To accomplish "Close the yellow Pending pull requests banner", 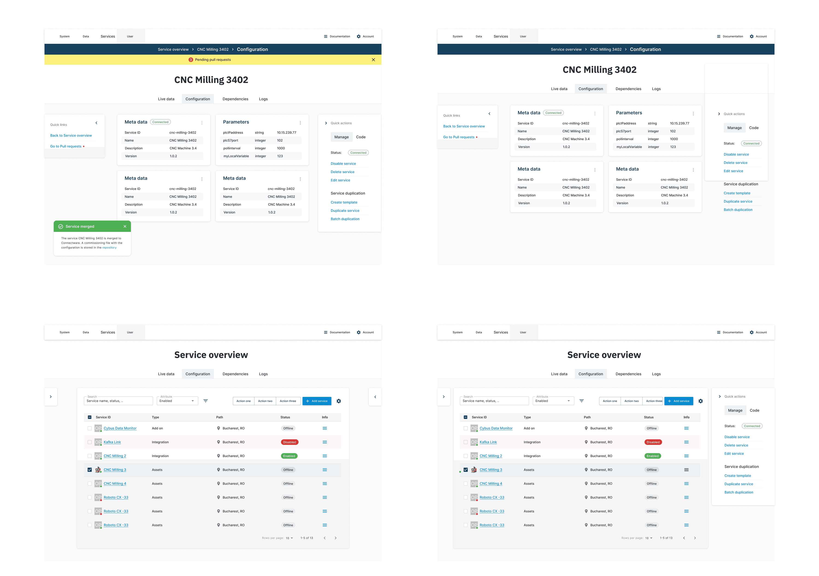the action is click(373, 59).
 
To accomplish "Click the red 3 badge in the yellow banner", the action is click(191, 59).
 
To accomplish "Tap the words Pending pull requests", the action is click(213, 59).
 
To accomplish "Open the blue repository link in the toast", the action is click(109, 248).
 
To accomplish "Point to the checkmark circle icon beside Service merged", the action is click(61, 227).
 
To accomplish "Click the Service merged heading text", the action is click(80, 227).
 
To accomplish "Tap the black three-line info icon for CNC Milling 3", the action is click(686, 470).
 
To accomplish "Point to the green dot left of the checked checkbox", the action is click(460, 472).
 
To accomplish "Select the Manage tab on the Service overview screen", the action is click(735, 411).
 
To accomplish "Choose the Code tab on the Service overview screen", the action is click(754, 411).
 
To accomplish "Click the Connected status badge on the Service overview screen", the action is click(752, 426).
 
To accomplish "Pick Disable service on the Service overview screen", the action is click(737, 437).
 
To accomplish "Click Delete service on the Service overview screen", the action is click(736, 446).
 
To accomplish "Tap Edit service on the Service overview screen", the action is click(734, 454).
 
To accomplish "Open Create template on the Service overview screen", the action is click(738, 476).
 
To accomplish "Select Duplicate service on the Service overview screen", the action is click(739, 484).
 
